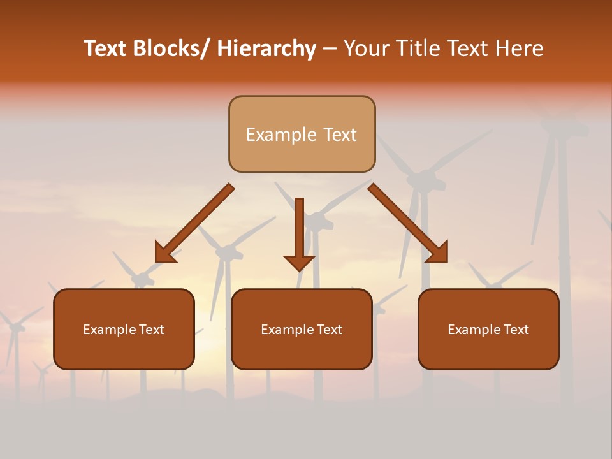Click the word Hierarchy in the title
pos(266,48)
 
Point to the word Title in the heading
pos(418,48)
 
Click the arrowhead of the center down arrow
pos(299,262)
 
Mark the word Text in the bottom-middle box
pos(328,330)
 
